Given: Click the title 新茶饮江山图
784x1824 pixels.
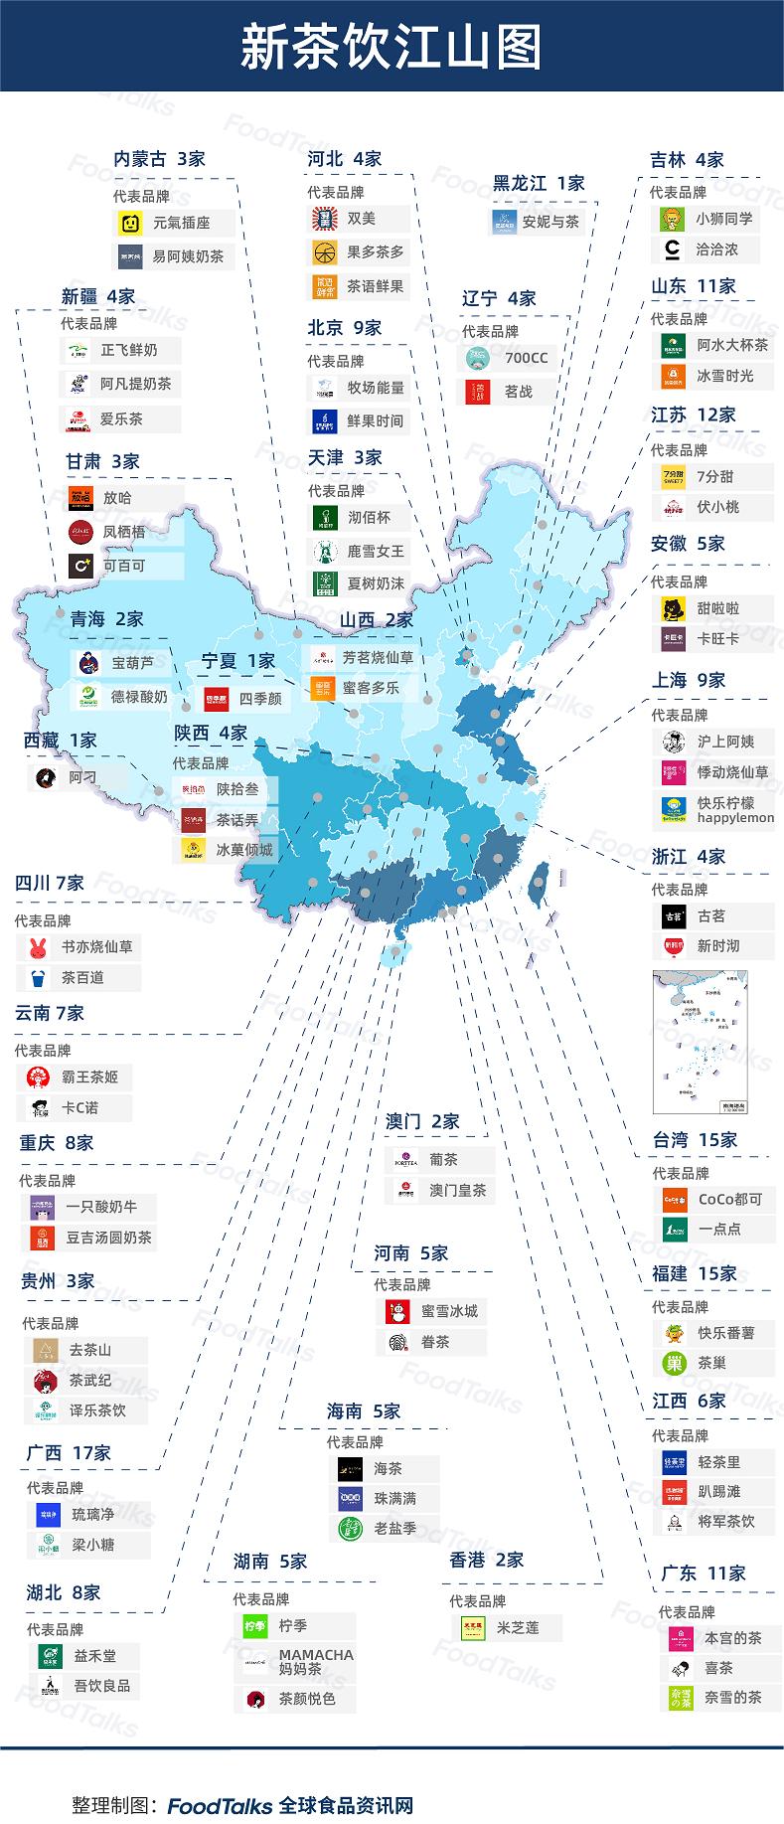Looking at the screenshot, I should coord(392,47).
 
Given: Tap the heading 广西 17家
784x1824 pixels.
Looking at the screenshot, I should coord(69,1452).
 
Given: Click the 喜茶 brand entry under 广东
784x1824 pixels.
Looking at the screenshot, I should coord(718,1668).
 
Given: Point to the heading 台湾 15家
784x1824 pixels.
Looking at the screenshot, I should coord(695,1140).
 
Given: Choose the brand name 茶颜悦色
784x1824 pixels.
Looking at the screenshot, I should coord(307,1699).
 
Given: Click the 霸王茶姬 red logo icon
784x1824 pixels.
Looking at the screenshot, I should coord(37,1077).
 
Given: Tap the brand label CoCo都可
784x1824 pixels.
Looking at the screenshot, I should coord(730,1199).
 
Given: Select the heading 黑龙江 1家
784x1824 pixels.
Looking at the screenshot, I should coord(539,183).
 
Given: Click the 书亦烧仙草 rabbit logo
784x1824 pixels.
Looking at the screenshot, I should coord(38,947).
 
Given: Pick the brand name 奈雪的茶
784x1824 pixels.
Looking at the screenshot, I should coord(733,1697).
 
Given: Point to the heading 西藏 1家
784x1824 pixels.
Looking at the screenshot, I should coord(60,740).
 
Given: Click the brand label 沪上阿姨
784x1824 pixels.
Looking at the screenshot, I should coord(725,741).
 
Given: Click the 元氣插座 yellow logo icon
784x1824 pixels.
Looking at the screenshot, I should coord(130,223).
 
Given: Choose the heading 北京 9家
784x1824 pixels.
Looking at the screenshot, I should coord(344,327).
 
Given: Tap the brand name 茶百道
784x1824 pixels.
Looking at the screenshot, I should coord(82,977).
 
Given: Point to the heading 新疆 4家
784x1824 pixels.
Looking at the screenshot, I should coord(97,296).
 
